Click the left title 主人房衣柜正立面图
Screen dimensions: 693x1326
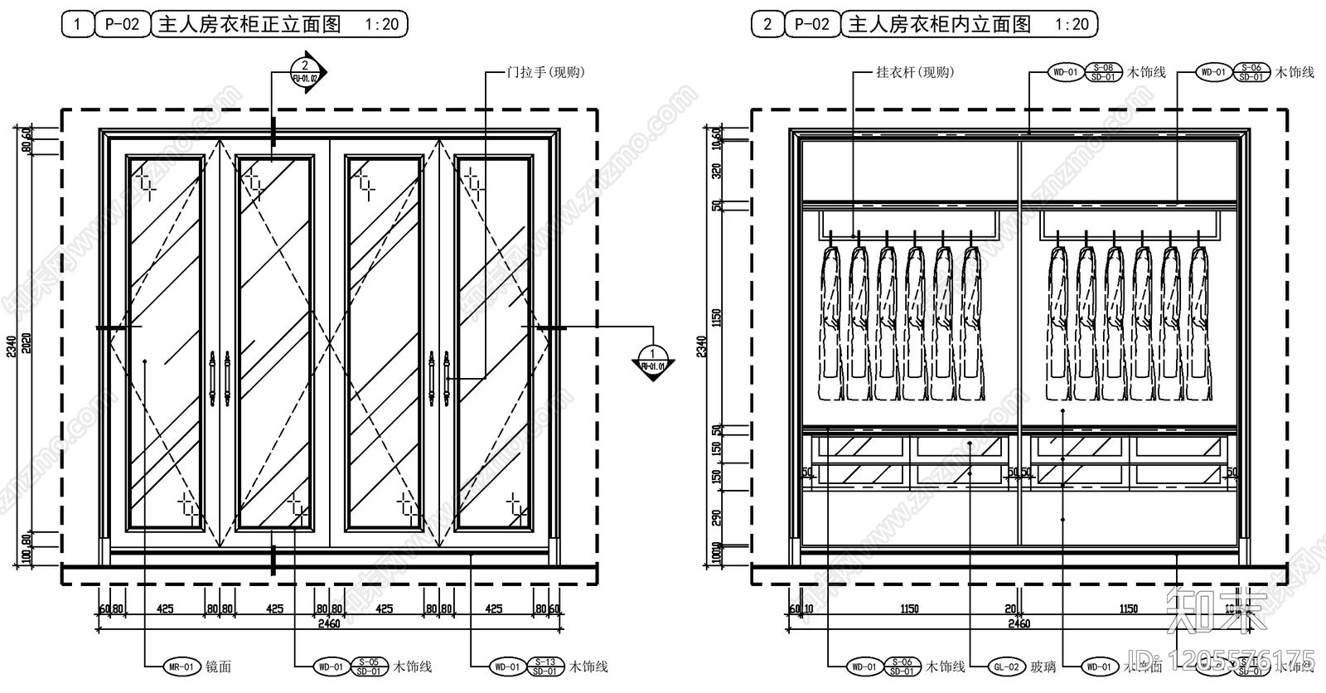(x=249, y=24)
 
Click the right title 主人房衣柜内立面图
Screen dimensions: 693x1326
(x=939, y=24)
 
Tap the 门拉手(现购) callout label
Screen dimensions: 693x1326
(x=545, y=72)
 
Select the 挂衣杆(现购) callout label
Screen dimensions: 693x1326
(x=915, y=72)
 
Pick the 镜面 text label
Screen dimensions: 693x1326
(x=218, y=666)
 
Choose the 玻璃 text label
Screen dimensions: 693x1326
(x=1043, y=666)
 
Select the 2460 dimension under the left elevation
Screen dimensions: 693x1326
(x=329, y=623)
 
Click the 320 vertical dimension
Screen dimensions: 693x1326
(x=717, y=171)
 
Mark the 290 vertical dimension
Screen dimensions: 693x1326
(x=717, y=518)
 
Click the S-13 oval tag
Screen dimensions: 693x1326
(x=544, y=662)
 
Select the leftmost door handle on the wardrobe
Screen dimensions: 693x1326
(x=212, y=379)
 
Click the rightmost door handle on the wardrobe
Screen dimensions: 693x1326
(x=446, y=379)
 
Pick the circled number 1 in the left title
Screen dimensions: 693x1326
(x=78, y=24)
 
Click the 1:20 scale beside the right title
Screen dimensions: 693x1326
(x=1072, y=24)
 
